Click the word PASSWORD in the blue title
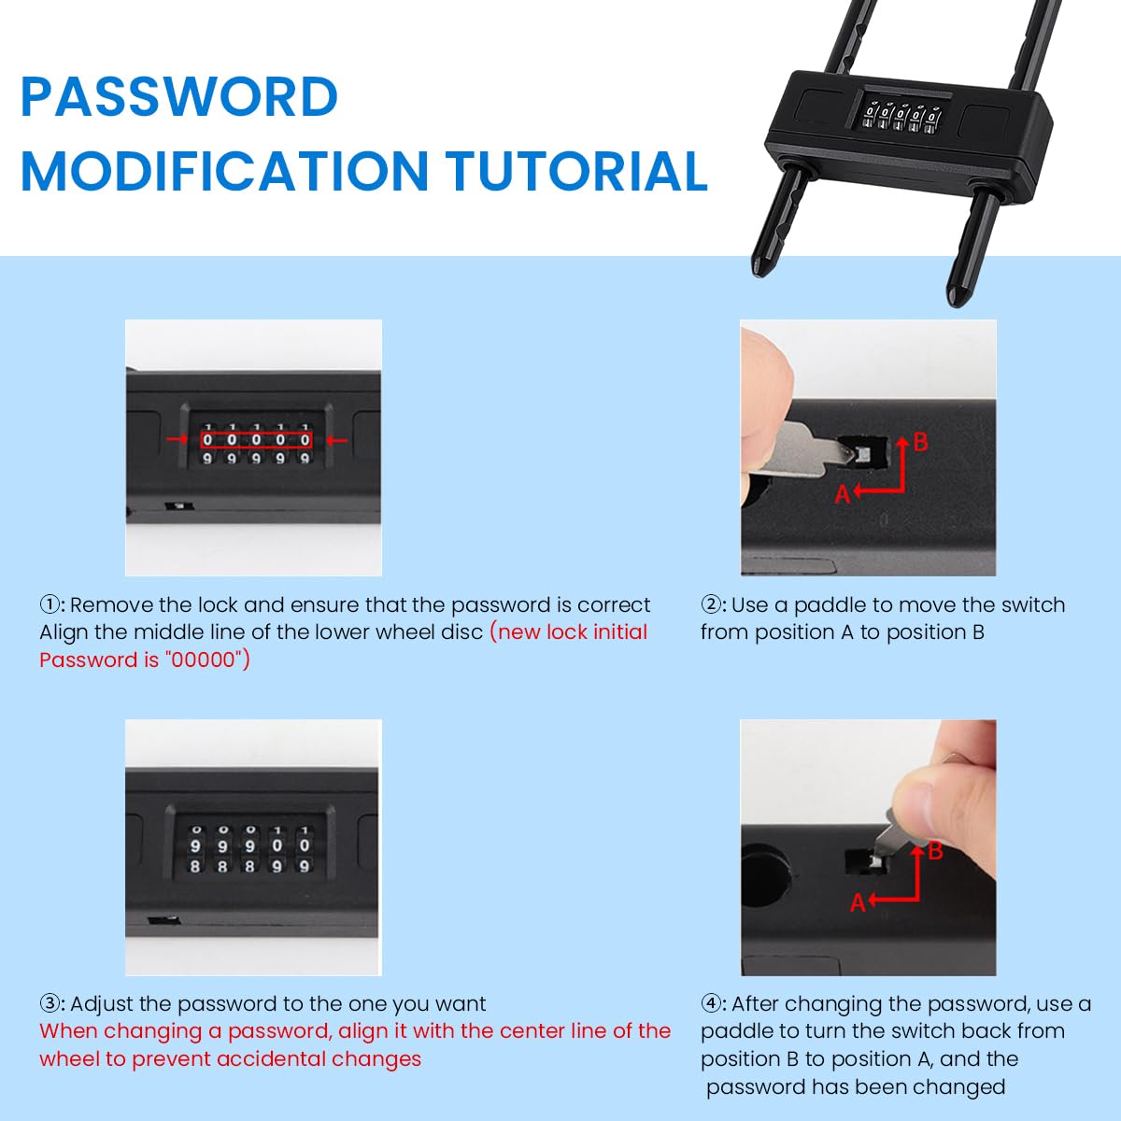click(x=179, y=96)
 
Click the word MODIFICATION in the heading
click(x=224, y=171)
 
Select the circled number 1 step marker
click(x=50, y=605)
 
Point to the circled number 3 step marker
click(x=50, y=1004)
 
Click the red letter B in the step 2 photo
click(x=920, y=443)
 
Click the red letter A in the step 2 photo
click(x=843, y=494)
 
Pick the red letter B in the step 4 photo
click(x=935, y=851)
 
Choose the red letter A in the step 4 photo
click(x=858, y=903)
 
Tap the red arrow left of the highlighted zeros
click(x=177, y=439)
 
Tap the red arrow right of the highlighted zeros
click(x=336, y=440)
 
